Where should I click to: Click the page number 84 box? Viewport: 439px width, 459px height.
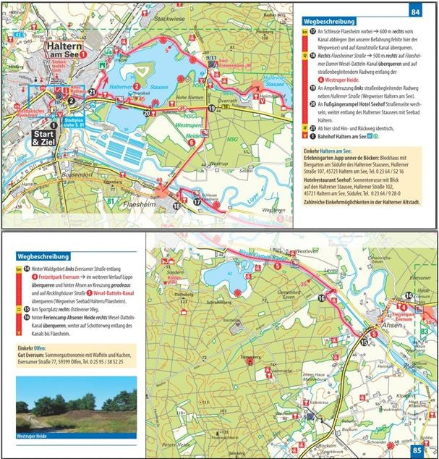[415, 12]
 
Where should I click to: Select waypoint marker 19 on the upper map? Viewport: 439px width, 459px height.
[212, 109]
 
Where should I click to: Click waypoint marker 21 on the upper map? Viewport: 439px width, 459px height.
[92, 93]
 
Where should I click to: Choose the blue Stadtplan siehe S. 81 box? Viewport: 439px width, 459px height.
[74, 123]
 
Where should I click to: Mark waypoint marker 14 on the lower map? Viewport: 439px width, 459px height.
[409, 295]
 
